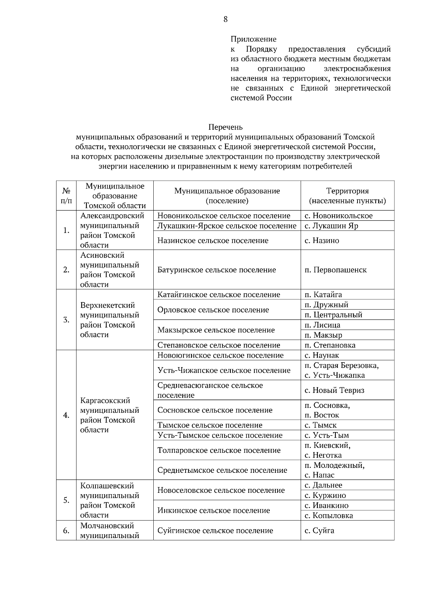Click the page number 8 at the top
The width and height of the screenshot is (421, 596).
225,19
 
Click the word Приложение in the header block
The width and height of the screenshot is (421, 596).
253,39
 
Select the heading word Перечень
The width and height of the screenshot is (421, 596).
225,127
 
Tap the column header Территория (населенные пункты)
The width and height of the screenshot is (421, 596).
347,196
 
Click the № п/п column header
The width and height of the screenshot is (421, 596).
66,196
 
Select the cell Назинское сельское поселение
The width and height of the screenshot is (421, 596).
213,240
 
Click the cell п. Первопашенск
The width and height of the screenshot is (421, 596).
335,270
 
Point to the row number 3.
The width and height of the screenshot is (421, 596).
66,320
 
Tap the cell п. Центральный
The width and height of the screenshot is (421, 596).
333,315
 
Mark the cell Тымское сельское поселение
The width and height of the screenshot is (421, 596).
210,425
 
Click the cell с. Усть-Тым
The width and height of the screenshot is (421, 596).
326,435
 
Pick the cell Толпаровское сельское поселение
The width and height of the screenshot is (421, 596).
219,450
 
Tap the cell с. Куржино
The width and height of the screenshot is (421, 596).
325,495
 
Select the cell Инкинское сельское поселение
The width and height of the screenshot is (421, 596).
214,510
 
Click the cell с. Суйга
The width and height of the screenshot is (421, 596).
319,531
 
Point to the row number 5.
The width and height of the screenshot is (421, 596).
66,500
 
